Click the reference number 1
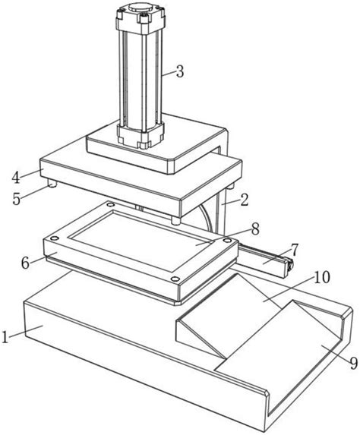[x=5, y=336]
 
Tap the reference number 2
[x=245, y=200]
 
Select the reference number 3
[x=180, y=71]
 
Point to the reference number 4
[x=16, y=178]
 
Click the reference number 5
[x=17, y=199]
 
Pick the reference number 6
[x=25, y=263]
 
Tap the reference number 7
[x=295, y=250]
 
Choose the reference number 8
[x=255, y=229]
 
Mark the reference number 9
[x=353, y=363]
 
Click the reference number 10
[x=322, y=277]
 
